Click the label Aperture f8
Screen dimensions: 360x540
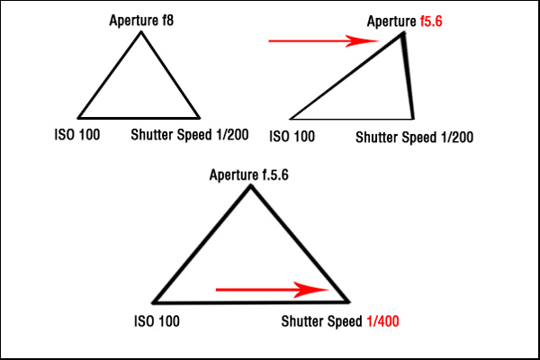[x=141, y=19]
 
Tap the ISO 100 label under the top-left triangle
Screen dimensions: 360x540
[x=77, y=135]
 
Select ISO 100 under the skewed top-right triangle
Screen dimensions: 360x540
[x=292, y=137]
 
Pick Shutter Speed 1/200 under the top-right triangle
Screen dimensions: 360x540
[x=414, y=138]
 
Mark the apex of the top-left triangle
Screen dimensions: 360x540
[x=141, y=33]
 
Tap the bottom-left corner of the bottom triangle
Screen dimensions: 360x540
[x=154, y=302]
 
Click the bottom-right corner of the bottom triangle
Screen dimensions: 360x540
[x=348, y=301]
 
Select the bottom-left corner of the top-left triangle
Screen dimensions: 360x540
[x=79, y=117]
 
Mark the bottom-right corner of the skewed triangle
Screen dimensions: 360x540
[x=413, y=118]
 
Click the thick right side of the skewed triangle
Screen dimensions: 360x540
[x=409, y=76]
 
